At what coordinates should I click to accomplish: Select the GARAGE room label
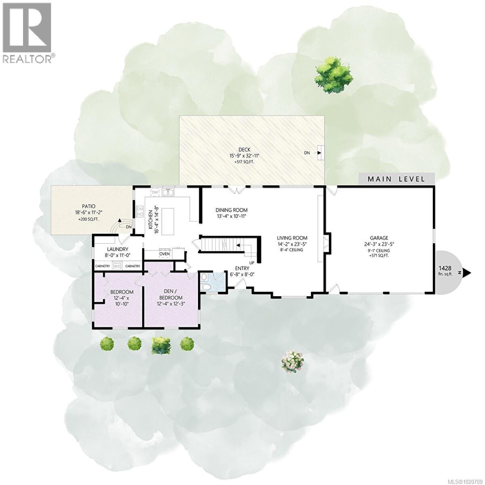point(379,238)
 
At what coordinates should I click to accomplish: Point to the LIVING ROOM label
point(292,238)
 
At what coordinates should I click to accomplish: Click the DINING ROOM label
point(231,210)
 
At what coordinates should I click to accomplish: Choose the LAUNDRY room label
point(118,249)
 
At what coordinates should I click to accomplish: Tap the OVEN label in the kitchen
point(164,254)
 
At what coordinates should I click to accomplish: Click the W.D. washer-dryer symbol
point(117,266)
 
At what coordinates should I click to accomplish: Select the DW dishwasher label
point(154,192)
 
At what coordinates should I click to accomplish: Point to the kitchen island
point(168,221)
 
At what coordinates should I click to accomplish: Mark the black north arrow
point(467,273)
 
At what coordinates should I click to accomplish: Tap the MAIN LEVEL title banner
point(396,179)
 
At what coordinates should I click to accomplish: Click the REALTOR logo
point(27,32)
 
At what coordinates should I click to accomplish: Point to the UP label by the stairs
point(252,262)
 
